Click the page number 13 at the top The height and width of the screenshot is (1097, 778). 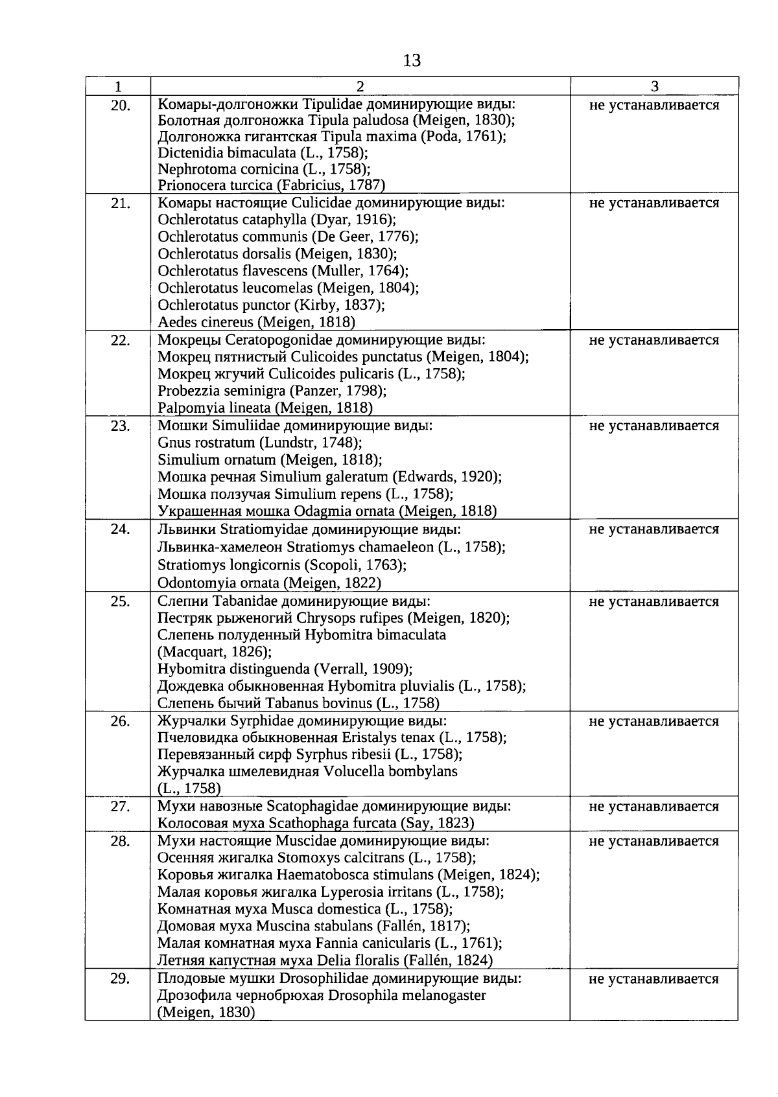(x=412, y=61)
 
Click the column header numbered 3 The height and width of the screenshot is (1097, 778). (x=654, y=87)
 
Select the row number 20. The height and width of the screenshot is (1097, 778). (x=120, y=105)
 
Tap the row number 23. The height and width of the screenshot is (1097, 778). (x=120, y=426)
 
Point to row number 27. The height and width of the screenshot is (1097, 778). (x=120, y=807)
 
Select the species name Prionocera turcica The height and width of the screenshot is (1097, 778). (x=216, y=185)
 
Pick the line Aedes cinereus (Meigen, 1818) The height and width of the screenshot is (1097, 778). (x=256, y=322)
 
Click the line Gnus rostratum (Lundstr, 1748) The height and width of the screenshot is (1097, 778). (x=259, y=443)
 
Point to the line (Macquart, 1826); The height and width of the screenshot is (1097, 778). (x=215, y=652)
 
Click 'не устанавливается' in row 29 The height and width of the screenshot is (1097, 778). (x=654, y=979)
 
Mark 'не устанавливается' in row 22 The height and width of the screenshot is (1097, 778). (x=654, y=340)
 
